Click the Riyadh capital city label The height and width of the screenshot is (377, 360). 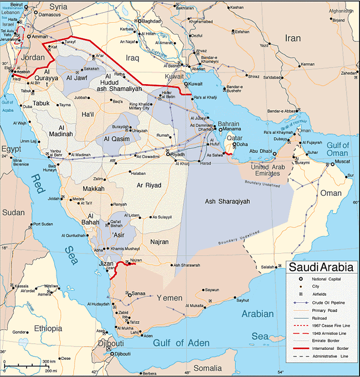click(x=178, y=154)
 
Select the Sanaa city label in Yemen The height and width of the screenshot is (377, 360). click(x=138, y=293)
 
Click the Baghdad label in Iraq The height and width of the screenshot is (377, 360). click(x=151, y=21)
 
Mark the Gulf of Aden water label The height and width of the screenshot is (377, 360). click(x=181, y=343)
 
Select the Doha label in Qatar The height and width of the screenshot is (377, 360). click(x=241, y=144)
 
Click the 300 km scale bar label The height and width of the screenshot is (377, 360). click(x=49, y=361)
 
